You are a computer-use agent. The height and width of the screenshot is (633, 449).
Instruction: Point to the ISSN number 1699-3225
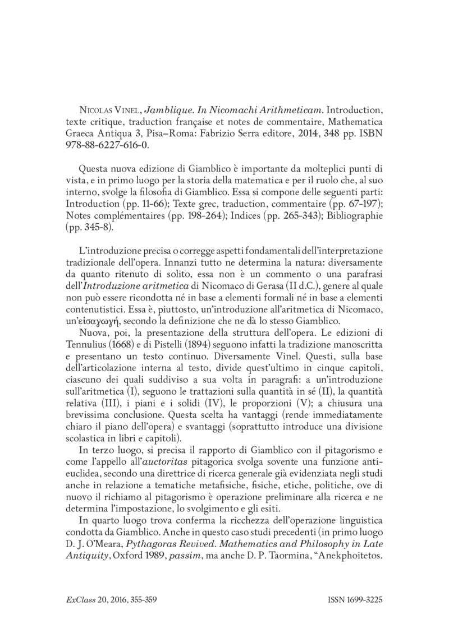366,600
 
